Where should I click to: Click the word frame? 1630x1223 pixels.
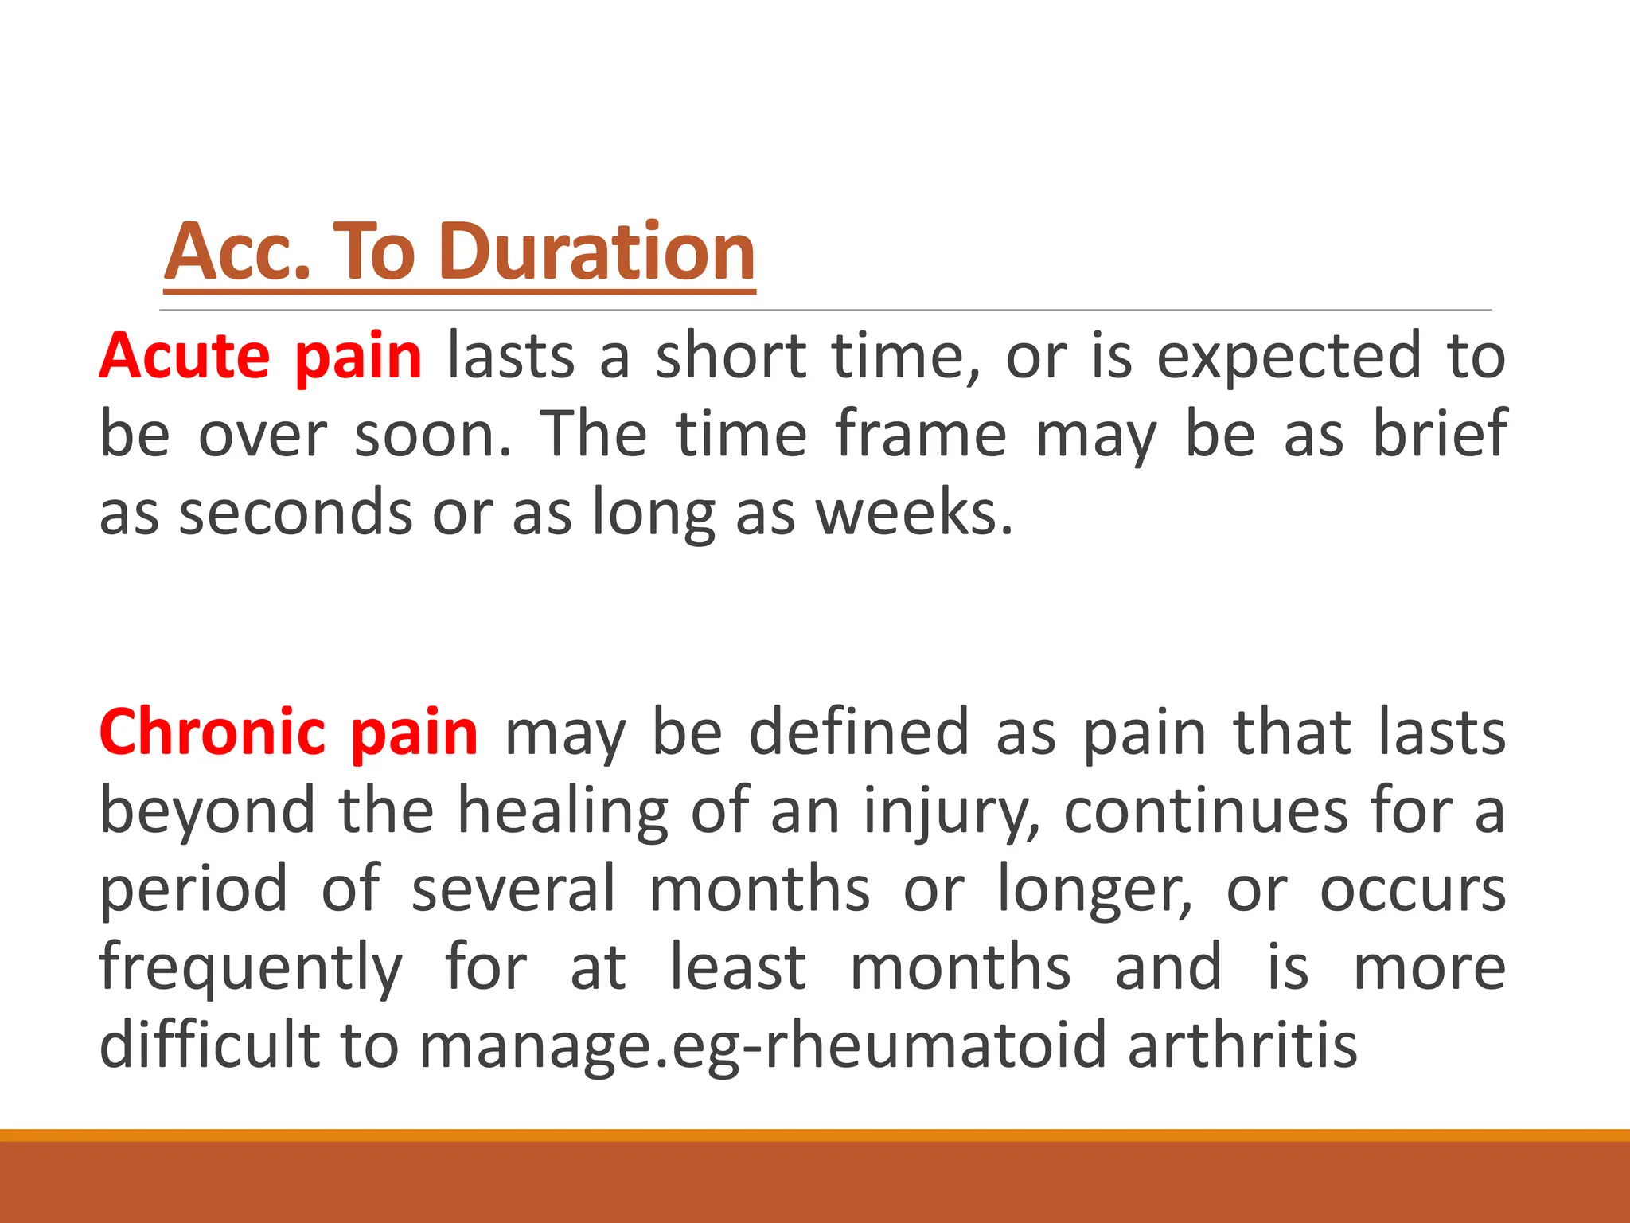point(921,434)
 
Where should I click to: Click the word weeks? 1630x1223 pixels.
point(915,513)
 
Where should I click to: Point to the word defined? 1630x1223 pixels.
point(859,732)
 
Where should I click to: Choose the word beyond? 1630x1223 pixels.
point(208,811)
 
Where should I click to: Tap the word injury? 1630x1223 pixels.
point(951,811)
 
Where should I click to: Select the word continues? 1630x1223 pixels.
point(1205,811)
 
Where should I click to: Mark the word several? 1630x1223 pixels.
point(513,889)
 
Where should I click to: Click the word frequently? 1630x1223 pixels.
point(251,968)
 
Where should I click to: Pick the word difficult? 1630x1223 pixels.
point(209,1045)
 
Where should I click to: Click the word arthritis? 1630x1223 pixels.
point(1242,1045)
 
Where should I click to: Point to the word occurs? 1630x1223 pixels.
point(1413,890)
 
